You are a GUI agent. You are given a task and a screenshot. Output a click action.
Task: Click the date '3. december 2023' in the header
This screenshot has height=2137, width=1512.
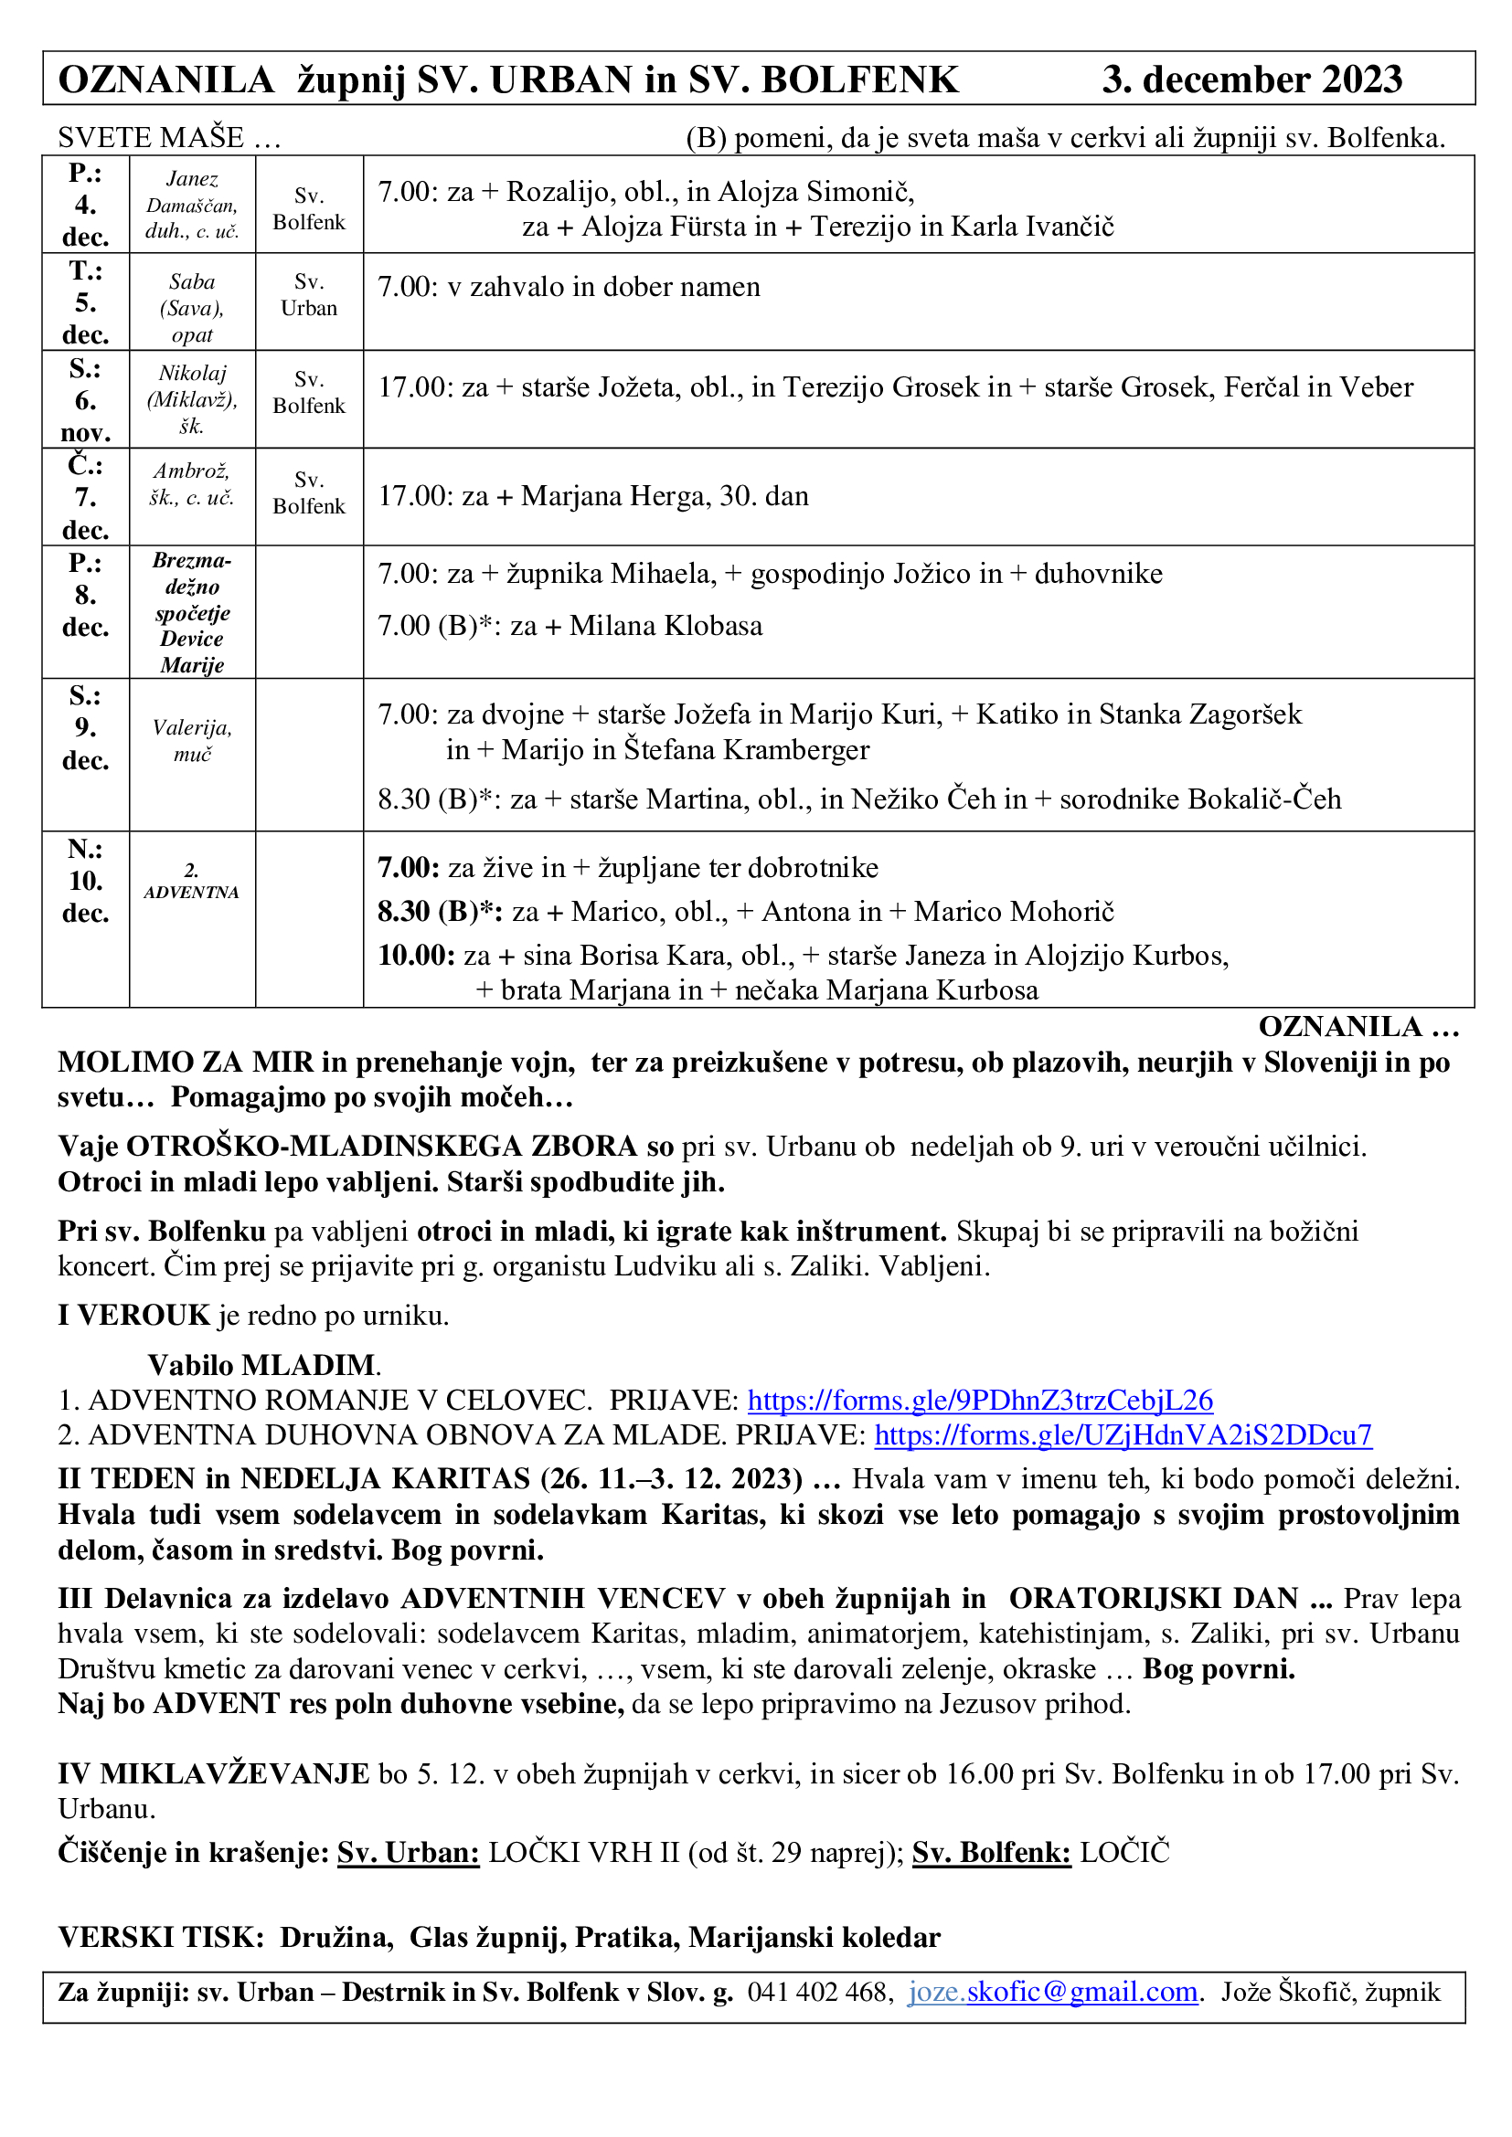pyautogui.click(x=1251, y=80)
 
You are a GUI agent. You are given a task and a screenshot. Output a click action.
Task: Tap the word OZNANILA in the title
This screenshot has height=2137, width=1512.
pyautogui.click(x=165, y=80)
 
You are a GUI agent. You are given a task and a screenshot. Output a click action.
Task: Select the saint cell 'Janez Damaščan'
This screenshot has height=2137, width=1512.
pyautogui.click(x=192, y=205)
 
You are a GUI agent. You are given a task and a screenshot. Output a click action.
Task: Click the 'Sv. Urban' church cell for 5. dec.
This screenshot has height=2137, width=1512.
pyautogui.click(x=309, y=295)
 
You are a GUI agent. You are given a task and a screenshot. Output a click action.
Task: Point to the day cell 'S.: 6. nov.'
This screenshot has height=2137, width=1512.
pyautogui.click(x=86, y=400)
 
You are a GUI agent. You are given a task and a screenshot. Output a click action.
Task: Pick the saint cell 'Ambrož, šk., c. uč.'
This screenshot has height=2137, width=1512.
pyautogui.click(x=192, y=484)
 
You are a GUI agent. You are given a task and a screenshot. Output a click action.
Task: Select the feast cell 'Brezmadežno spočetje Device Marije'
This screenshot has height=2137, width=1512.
pyautogui.click(x=192, y=612)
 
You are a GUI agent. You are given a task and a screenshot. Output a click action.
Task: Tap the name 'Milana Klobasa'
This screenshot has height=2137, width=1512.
pyautogui.click(x=665, y=626)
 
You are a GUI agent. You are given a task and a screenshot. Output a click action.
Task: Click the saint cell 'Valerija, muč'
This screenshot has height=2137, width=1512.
pyautogui.click(x=192, y=741)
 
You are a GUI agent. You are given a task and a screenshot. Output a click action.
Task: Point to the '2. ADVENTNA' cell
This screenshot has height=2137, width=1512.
pyautogui.click(x=192, y=882)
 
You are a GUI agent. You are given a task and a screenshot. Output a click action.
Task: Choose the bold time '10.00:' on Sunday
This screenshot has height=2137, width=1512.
pyautogui.click(x=416, y=956)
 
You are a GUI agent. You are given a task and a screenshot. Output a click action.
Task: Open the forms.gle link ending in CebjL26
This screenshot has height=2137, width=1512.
pyautogui.click(x=979, y=1401)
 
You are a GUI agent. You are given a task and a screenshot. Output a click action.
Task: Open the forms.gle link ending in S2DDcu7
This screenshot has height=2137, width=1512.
pyautogui.click(x=1122, y=1435)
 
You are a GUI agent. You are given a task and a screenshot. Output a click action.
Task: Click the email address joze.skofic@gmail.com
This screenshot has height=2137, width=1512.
pyautogui.click(x=1052, y=1992)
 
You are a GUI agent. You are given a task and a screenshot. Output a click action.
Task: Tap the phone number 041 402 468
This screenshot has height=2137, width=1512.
pyautogui.click(x=819, y=1992)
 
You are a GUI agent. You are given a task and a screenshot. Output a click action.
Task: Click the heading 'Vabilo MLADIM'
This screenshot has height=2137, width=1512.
pyautogui.click(x=263, y=1365)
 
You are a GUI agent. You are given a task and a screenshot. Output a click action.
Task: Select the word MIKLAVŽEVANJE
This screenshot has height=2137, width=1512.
pyautogui.click(x=235, y=1774)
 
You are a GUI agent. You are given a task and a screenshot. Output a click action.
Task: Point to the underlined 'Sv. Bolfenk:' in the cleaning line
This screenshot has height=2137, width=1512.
pyautogui.click(x=991, y=1852)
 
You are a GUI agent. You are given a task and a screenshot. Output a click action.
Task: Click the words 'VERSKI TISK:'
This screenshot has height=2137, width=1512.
pyautogui.click(x=162, y=1938)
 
